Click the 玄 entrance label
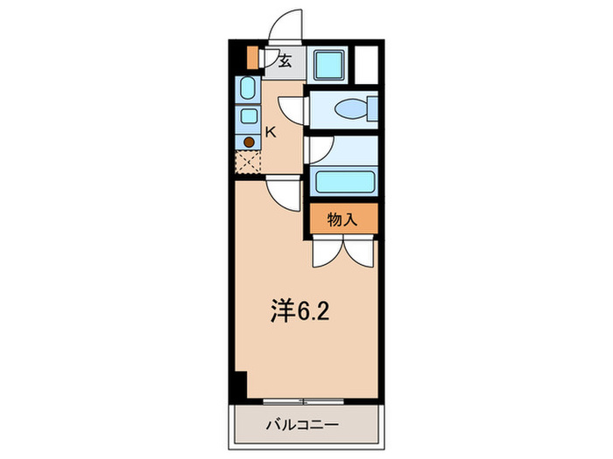coord(285,61)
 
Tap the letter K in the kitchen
coord(271,133)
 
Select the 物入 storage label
coord(342,220)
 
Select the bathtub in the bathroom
coord(345,183)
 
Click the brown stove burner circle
coord(249,141)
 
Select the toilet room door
coord(294,110)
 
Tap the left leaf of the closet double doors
coord(326,251)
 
